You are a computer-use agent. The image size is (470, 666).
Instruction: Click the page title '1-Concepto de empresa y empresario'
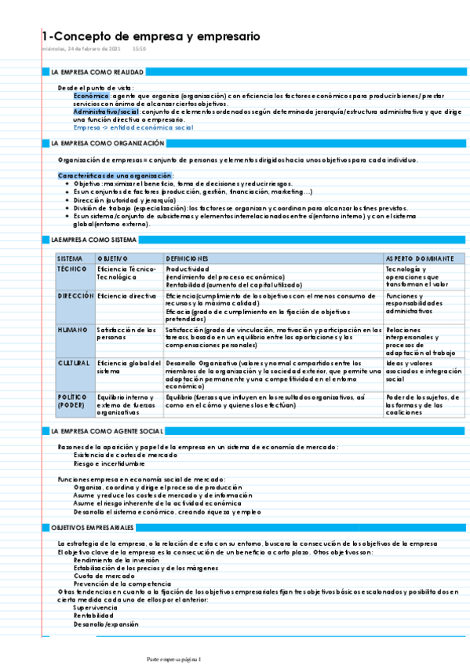tap(151, 37)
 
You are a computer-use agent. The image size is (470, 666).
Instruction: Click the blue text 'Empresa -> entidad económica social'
tap(133, 127)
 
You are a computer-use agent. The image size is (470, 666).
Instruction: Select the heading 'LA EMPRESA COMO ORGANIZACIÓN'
tap(107, 144)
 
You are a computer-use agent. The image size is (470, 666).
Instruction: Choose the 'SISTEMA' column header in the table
tap(70, 258)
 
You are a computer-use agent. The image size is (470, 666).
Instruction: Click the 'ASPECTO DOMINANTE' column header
tap(419, 258)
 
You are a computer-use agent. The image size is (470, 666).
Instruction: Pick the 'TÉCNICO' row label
tap(72, 269)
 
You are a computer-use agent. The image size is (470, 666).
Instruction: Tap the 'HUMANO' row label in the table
tap(72, 330)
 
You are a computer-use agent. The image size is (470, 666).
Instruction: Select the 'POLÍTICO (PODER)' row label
tap(72, 401)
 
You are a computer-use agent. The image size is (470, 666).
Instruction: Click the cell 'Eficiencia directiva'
tap(126, 296)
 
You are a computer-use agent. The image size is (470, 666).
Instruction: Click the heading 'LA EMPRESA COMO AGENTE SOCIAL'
tap(106, 431)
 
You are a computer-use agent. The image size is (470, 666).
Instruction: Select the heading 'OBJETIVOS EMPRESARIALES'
tap(92, 528)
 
